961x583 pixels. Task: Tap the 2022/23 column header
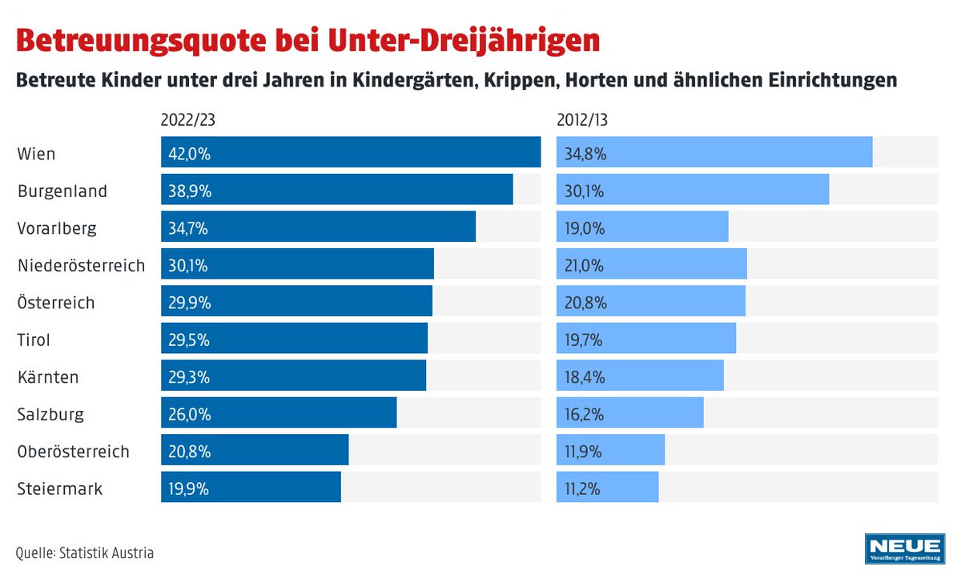[188, 121]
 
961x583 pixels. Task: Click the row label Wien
[36, 154]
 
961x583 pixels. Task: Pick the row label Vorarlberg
[57, 228]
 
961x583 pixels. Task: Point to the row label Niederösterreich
[81, 265]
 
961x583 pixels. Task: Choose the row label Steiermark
[60, 489]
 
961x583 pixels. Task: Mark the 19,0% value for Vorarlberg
[585, 228]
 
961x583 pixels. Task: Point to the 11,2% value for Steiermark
[584, 489]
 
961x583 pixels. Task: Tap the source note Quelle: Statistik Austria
[85, 553]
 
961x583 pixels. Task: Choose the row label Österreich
[56, 303]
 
